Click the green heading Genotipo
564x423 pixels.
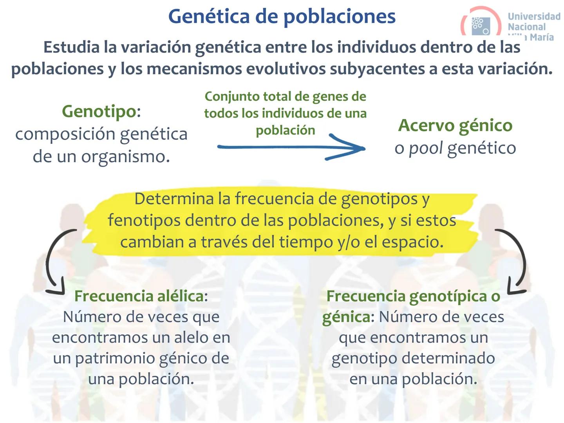click(x=99, y=111)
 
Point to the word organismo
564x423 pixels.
click(x=125, y=157)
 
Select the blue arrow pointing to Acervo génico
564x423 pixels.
click(x=291, y=147)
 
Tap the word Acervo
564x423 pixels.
click(x=426, y=126)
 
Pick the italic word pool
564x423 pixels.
click(x=425, y=148)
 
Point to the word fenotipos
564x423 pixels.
click(x=144, y=221)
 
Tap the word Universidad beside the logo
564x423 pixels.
click(x=534, y=16)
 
